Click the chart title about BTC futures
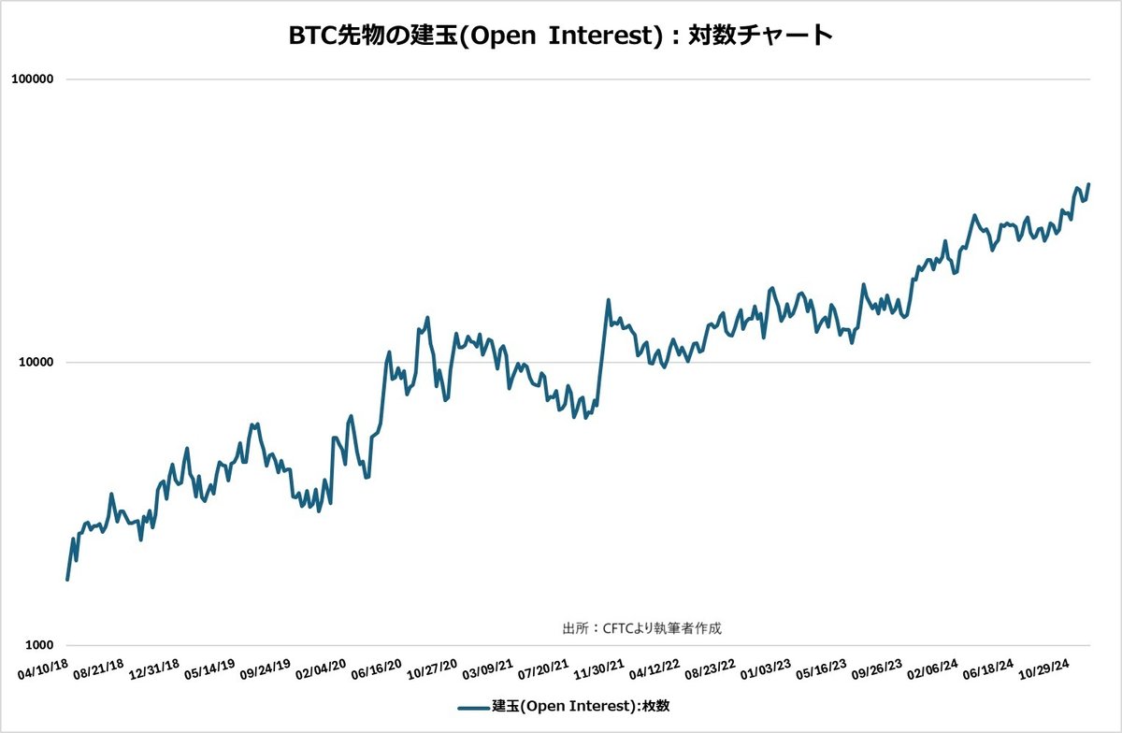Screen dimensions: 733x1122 (560, 36)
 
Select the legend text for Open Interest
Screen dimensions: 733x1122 (581, 707)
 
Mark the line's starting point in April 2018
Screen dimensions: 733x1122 (67, 580)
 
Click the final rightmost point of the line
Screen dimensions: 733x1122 (1089, 185)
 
